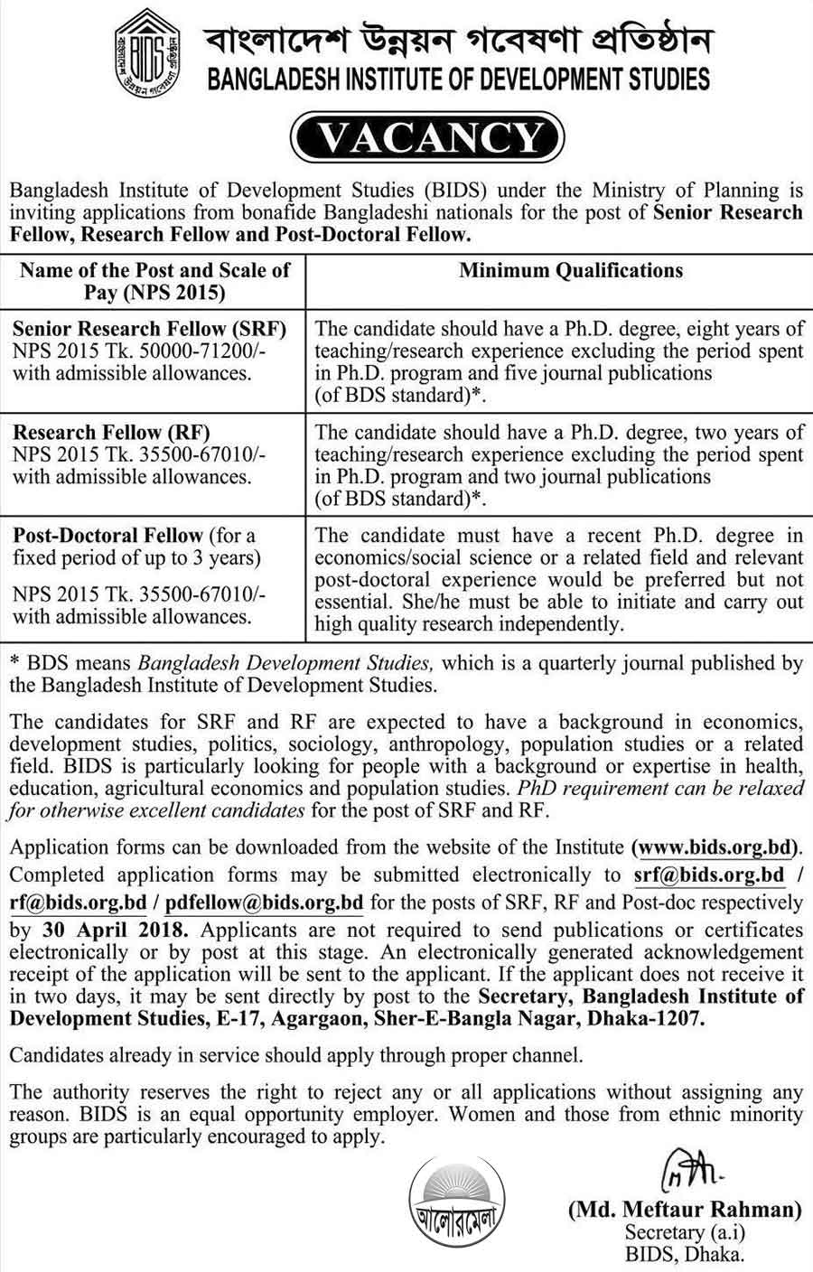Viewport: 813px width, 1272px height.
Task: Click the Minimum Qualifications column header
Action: (571, 270)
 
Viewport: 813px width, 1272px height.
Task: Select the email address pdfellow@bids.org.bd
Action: (276, 901)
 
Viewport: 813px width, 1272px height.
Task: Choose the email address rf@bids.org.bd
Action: (79, 901)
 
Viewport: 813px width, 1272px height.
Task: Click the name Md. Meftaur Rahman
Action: (685, 1209)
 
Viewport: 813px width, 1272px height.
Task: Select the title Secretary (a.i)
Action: (685, 1232)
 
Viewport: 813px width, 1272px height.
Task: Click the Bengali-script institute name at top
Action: (459, 40)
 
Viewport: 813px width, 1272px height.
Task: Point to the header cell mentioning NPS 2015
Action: (154, 280)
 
